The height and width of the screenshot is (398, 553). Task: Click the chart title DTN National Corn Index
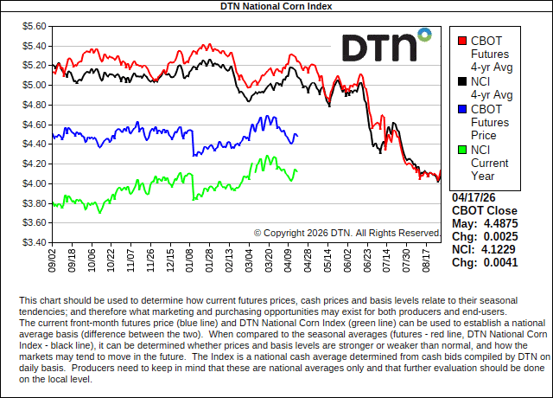(x=276, y=6)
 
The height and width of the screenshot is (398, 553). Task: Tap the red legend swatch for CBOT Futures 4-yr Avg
(x=462, y=39)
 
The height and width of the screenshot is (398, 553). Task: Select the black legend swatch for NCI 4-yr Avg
(x=462, y=81)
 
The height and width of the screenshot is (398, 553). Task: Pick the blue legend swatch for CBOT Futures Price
(x=462, y=109)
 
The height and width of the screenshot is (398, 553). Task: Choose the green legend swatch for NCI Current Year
(x=462, y=150)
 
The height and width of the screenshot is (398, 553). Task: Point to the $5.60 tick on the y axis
(x=34, y=26)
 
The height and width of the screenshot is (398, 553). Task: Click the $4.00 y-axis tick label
(x=34, y=183)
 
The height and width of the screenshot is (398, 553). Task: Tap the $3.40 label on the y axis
(x=34, y=242)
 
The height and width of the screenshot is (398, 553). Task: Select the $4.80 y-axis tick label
(x=34, y=105)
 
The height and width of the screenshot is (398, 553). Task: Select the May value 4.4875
(x=501, y=224)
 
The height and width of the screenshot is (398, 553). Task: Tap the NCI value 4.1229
(x=501, y=249)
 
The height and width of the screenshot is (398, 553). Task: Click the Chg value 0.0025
(x=501, y=236)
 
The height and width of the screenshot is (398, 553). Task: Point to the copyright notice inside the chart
(x=347, y=233)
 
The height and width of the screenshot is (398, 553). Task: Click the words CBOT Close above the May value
(x=485, y=211)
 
